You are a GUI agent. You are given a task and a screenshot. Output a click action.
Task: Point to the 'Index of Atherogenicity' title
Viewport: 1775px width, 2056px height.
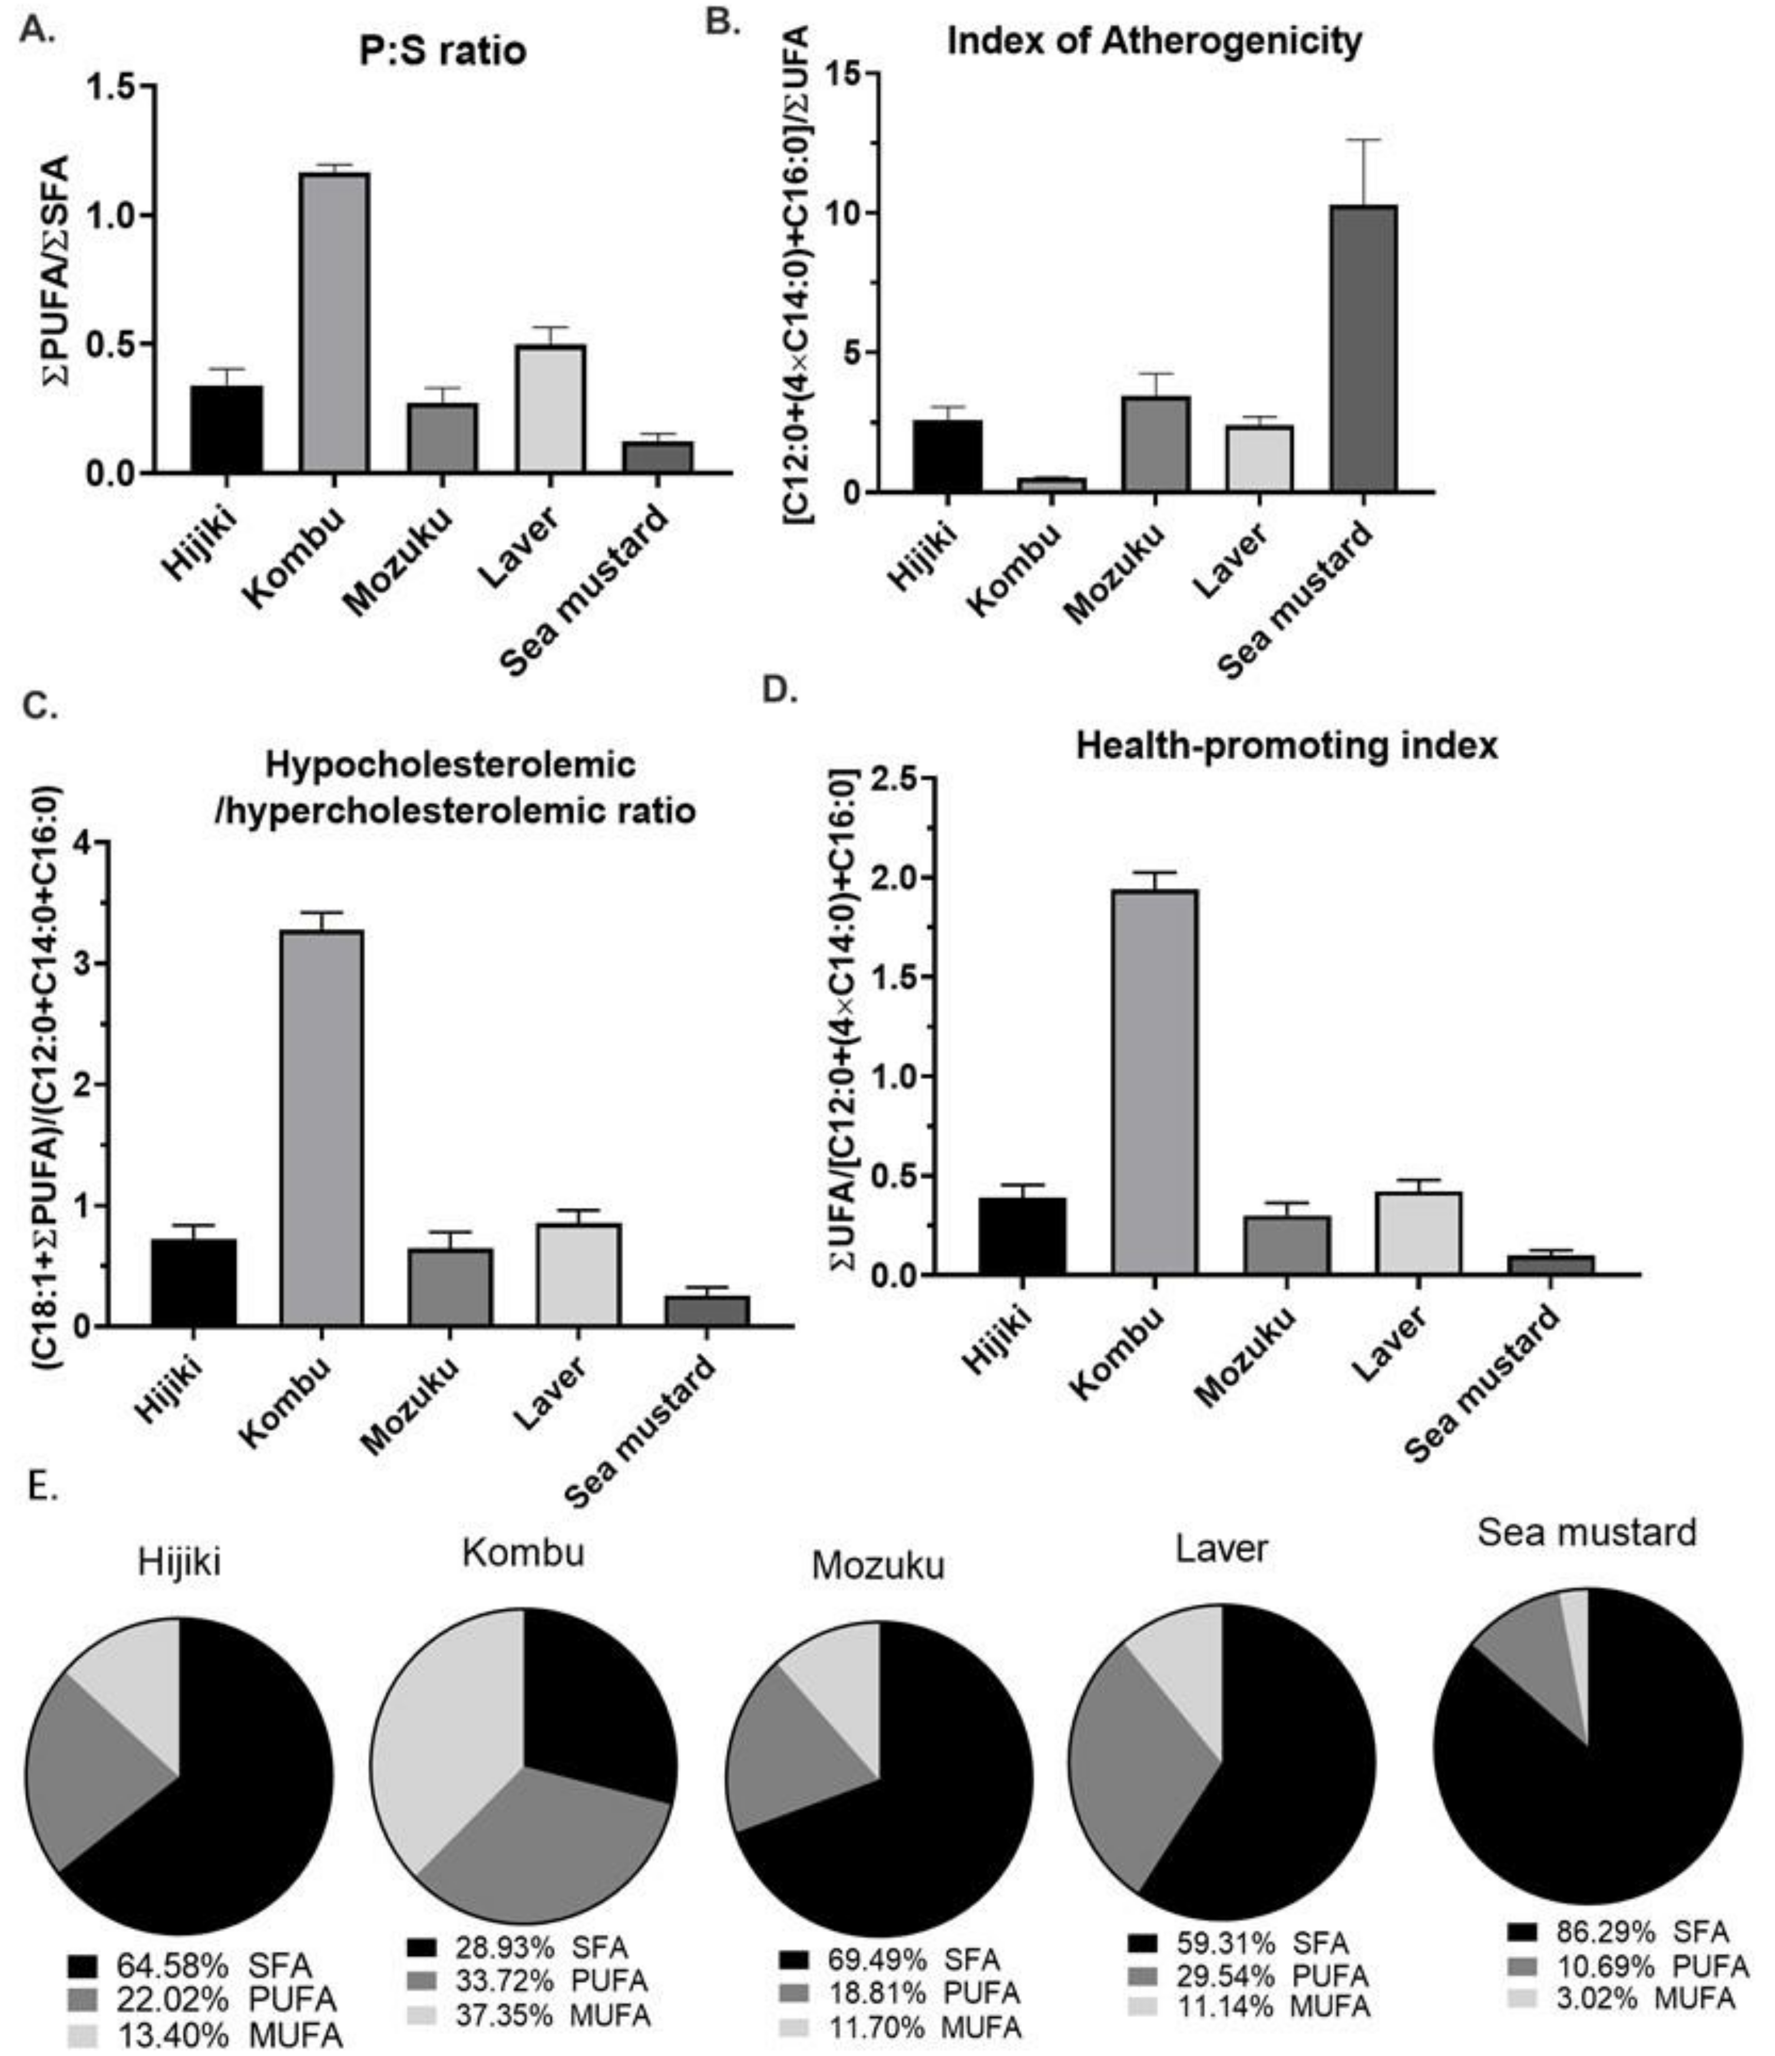point(1154,42)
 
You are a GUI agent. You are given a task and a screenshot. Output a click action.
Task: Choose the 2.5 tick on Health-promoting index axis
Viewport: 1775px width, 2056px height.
point(893,779)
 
